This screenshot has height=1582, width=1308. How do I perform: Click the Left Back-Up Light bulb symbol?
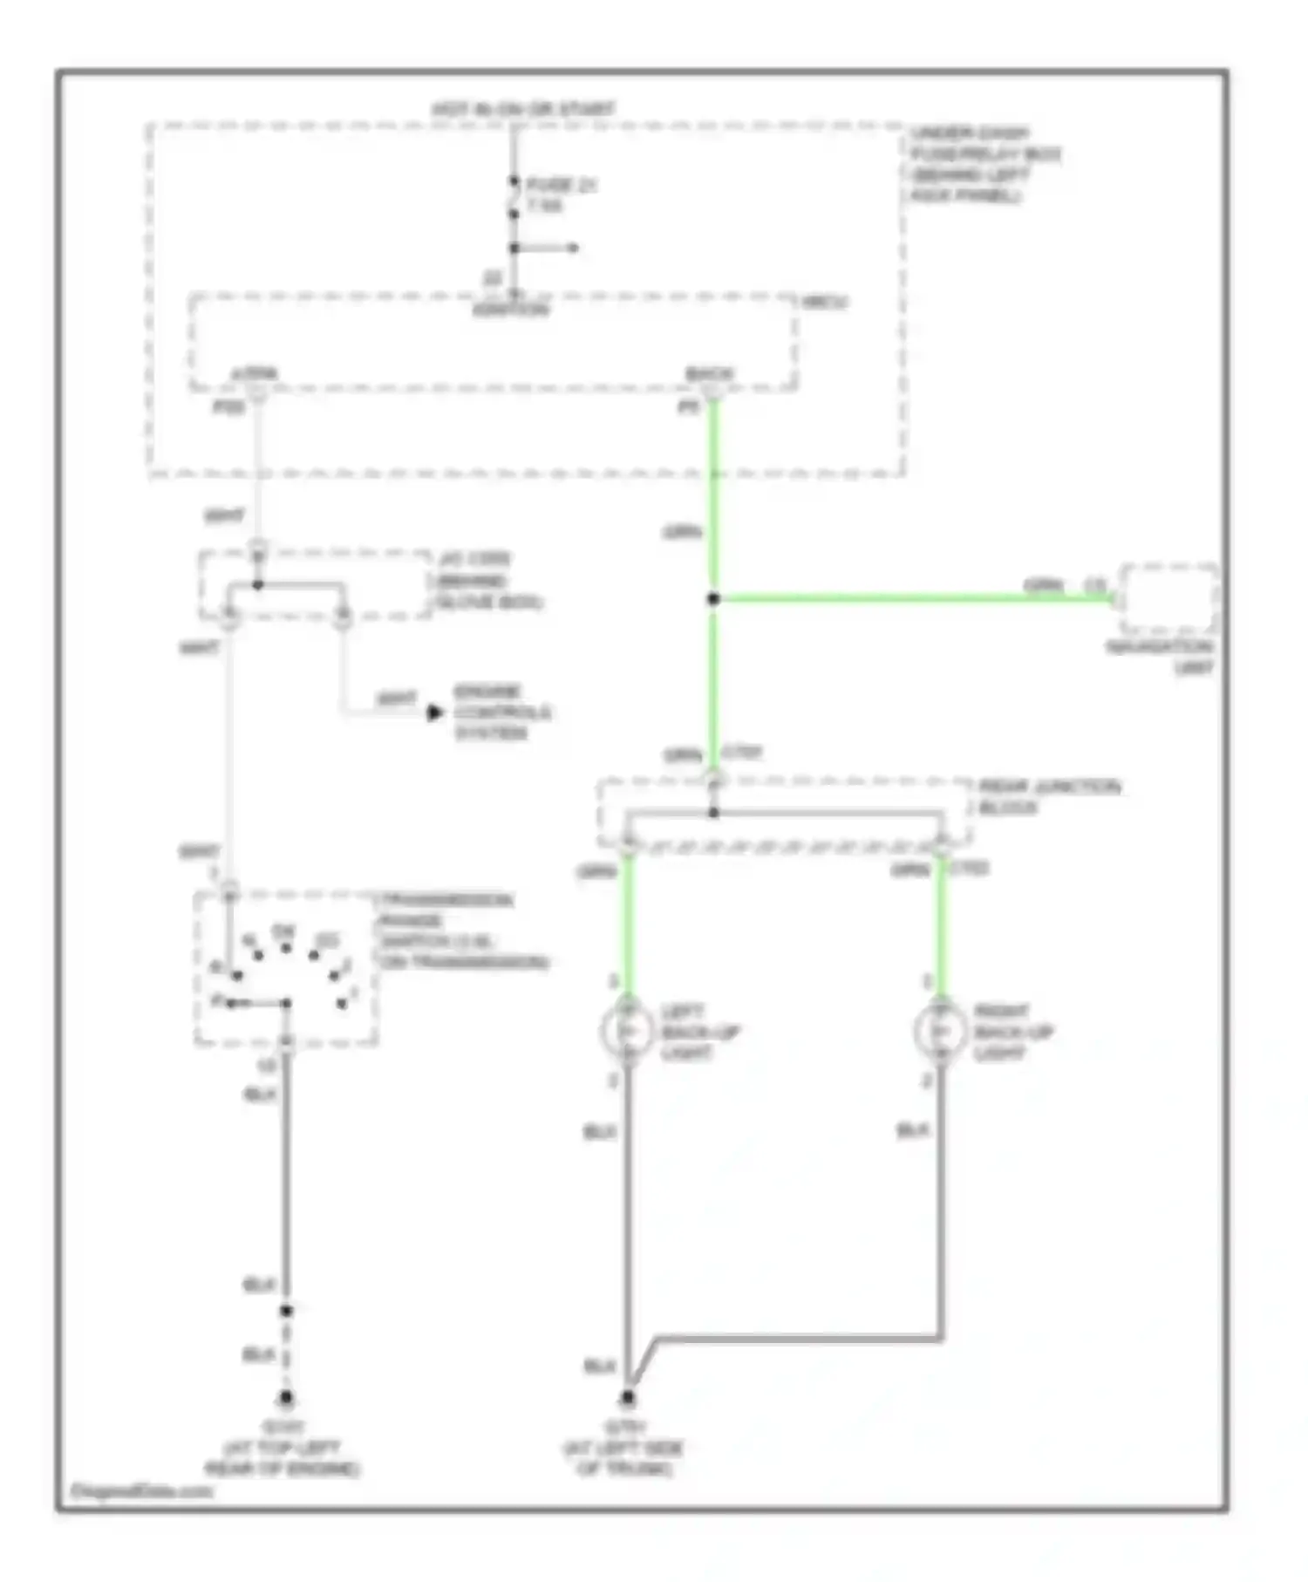tap(627, 1032)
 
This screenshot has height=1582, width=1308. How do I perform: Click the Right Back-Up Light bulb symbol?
tap(940, 1032)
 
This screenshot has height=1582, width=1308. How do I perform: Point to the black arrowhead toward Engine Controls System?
tap(434, 713)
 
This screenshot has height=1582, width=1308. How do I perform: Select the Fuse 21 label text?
tap(561, 185)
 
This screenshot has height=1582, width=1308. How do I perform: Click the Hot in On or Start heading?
tap(523, 110)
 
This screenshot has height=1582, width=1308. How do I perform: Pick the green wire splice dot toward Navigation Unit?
tap(713, 598)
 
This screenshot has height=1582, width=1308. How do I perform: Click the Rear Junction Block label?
tap(1049, 797)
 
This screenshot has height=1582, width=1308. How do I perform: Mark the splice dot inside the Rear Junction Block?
tap(713, 813)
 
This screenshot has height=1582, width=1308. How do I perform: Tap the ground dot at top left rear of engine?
tap(286, 1399)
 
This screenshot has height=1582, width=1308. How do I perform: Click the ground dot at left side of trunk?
tap(627, 1399)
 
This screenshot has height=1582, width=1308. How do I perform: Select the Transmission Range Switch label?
tap(462, 931)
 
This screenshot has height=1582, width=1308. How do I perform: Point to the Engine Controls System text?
tap(501, 713)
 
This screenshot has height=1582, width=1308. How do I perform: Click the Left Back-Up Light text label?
tap(699, 1033)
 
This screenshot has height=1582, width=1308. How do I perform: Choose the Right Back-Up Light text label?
tap(1013, 1033)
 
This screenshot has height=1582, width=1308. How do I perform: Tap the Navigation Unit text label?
tap(1160, 658)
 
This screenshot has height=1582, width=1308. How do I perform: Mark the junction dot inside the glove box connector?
tap(257, 584)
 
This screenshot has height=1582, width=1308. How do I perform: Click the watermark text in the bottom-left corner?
tap(141, 1490)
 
